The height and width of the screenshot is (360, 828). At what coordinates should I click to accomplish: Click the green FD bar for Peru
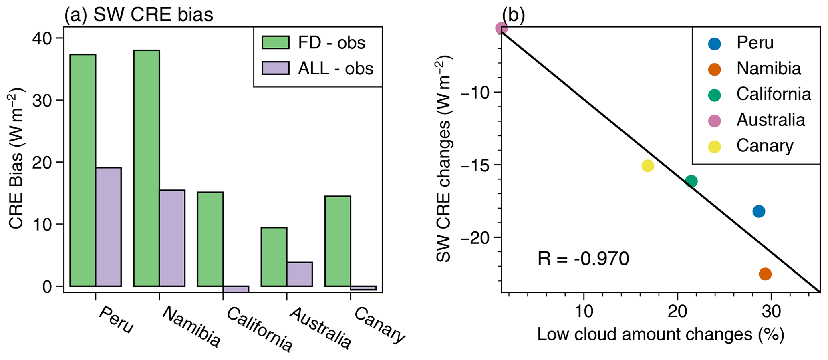(83, 170)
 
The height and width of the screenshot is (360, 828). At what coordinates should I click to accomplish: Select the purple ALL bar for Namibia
(172, 238)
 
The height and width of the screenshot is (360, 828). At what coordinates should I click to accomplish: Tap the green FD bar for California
(210, 239)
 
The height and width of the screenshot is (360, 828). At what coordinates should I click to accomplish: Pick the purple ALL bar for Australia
(300, 274)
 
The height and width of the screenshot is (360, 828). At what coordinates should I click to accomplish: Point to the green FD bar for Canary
(338, 241)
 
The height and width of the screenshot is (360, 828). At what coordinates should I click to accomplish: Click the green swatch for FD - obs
(276, 42)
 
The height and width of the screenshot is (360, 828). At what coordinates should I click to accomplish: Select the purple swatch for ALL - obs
(276, 68)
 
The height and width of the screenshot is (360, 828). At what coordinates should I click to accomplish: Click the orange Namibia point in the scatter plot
(765, 274)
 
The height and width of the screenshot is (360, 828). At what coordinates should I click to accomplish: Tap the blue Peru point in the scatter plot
(759, 211)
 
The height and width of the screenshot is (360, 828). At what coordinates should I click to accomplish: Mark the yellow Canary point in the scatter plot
(648, 166)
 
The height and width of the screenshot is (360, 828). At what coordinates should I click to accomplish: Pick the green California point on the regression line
(691, 181)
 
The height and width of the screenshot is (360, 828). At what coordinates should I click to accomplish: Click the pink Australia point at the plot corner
(502, 28)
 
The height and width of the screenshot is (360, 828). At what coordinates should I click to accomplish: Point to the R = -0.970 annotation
(583, 259)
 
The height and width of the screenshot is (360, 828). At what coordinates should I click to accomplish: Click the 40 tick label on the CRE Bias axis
(42, 38)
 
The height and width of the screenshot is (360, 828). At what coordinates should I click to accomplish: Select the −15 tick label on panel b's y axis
(477, 165)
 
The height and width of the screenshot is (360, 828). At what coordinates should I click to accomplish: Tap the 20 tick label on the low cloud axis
(677, 311)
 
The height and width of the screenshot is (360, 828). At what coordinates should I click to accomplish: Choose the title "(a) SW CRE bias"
(139, 15)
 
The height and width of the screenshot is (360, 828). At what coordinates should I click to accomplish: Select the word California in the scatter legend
(774, 94)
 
